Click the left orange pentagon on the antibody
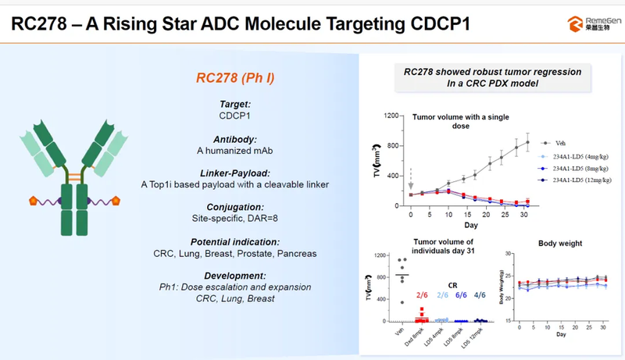click(34, 201)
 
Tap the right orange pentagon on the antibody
click(118, 201)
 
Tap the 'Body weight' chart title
click(560, 244)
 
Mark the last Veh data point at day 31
click(527, 142)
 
